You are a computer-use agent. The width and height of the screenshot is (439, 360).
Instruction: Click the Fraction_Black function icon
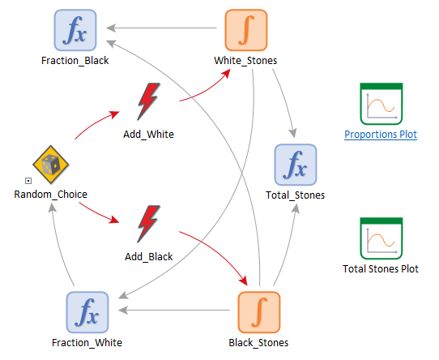click(75, 30)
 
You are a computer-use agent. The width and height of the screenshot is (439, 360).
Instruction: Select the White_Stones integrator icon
click(246, 30)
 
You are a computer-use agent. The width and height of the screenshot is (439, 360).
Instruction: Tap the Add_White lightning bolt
click(149, 101)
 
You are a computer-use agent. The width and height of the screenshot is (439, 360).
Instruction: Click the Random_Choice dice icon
click(51, 165)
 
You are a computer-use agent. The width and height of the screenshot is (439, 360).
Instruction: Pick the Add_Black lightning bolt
click(149, 224)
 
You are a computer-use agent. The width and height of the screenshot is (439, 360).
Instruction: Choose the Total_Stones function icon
click(296, 165)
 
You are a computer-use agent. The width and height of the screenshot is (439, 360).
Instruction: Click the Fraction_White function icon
click(87, 312)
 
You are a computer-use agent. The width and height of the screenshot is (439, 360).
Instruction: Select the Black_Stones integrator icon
click(259, 312)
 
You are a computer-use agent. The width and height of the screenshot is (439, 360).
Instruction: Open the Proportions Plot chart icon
click(381, 104)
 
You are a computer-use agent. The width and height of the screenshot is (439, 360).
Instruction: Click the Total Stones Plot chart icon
click(381, 238)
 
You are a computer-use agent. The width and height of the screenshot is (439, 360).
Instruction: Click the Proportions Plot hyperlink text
click(381, 135)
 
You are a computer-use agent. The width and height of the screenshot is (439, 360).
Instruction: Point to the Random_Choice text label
click(51, 195)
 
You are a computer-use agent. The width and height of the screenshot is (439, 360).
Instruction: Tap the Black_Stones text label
click(258, 343)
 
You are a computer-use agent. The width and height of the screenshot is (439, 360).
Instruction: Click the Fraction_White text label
click(87, 343)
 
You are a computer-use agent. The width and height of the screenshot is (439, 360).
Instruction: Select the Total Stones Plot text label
click(381, 269)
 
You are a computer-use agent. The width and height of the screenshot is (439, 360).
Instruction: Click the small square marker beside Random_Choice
click(28, 181)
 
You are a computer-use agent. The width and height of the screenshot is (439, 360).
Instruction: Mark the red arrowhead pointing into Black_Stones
click(243, 281)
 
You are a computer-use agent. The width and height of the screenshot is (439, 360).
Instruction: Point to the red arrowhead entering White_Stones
click(226, 74)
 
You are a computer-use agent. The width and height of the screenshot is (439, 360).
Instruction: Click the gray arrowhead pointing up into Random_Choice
click(53, 208)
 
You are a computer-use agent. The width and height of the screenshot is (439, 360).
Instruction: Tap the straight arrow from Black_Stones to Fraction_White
click(174, 310)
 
